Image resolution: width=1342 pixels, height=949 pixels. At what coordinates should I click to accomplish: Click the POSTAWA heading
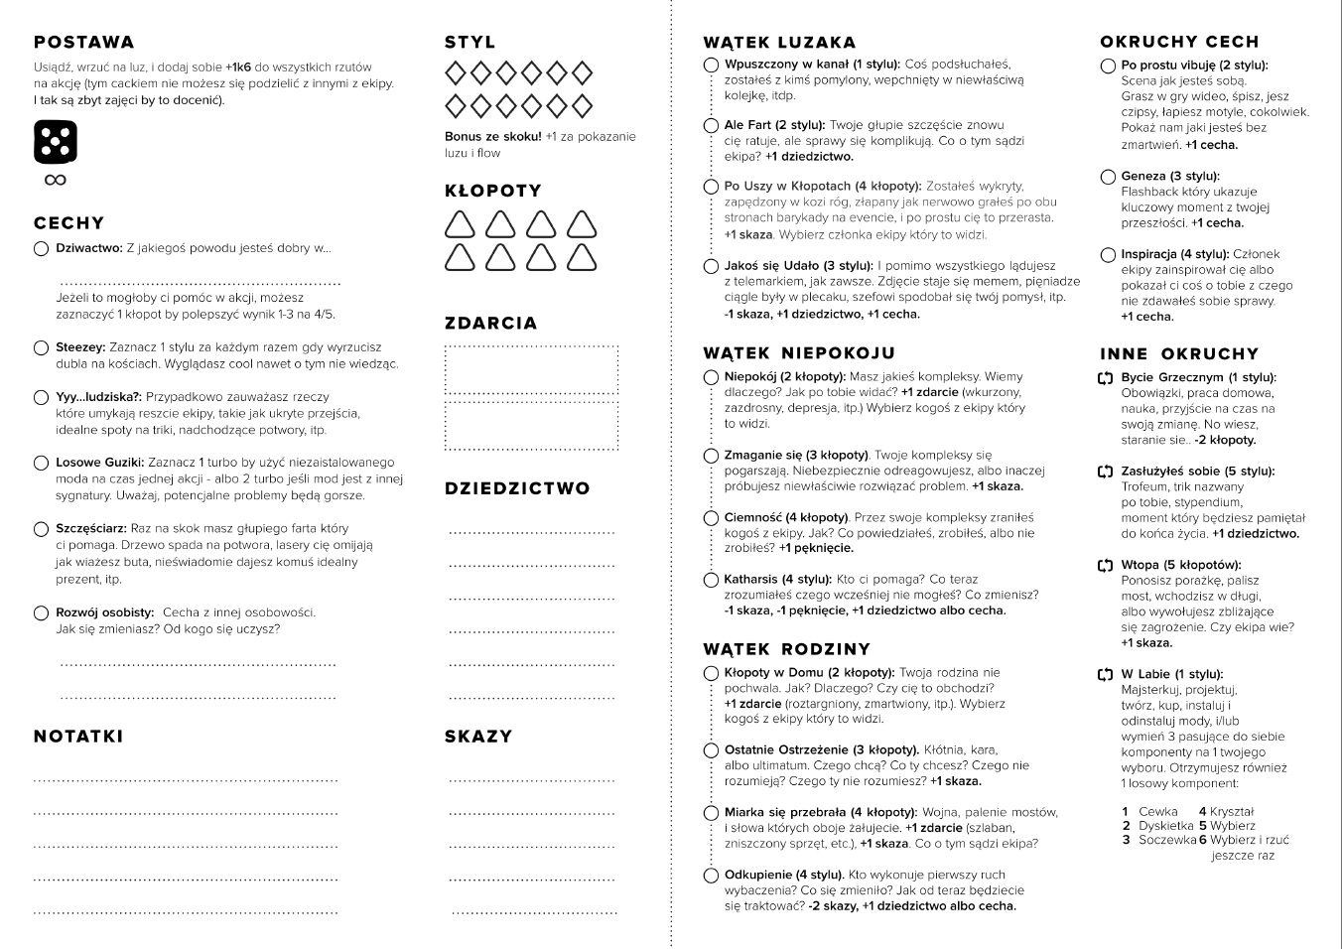[83, 42]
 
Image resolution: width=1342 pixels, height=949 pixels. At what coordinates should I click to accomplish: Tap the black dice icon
[56, 142]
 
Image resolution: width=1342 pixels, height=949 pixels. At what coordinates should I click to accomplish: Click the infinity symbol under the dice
[56, 180]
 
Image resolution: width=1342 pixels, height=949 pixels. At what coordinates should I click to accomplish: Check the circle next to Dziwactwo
[41, 248]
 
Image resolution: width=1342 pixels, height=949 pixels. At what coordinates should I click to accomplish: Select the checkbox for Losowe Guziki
[41, 463]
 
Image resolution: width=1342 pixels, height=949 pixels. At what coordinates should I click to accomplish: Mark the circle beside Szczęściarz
[41, 529]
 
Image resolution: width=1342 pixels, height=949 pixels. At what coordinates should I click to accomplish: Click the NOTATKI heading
[78, 737]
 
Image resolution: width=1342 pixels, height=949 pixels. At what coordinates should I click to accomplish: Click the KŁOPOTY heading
[492, 191]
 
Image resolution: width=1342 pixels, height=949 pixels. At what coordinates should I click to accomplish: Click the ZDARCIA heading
[490, 324]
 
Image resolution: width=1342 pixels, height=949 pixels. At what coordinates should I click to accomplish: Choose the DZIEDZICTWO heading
[517, 488]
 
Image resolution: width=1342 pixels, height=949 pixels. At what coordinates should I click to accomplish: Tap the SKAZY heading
[478, 737]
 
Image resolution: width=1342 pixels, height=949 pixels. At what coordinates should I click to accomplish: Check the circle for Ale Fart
[711, 126]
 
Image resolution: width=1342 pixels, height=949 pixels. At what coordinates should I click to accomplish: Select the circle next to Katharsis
[711, 580]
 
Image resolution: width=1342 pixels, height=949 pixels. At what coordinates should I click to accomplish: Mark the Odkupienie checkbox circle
[711, 876]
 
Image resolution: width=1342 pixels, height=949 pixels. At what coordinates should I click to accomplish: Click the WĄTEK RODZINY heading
[786, 649]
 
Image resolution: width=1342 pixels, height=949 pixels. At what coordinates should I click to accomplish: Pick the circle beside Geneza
[1108, 177]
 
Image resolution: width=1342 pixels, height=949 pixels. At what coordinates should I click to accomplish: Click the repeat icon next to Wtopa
[1106, 566]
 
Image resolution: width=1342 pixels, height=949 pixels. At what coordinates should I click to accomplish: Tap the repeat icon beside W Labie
[1106, 675]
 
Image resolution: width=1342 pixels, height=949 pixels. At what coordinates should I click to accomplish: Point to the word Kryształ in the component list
[1232, 812]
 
